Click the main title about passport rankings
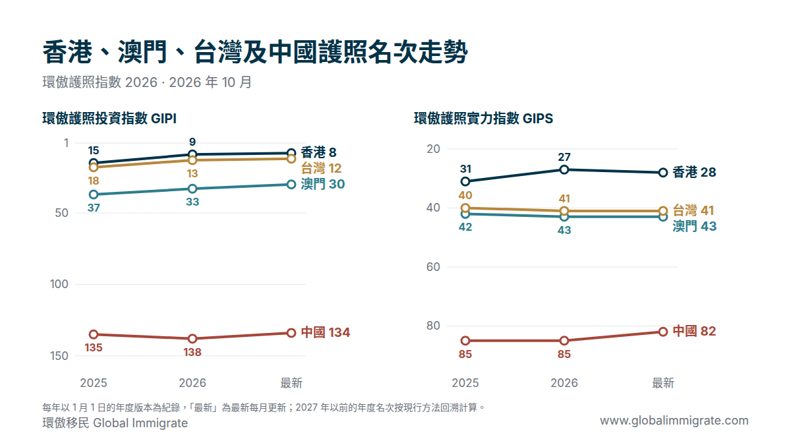255,52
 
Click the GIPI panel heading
109,118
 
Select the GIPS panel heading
483,118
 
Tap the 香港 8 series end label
318,152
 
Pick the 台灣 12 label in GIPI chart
322,169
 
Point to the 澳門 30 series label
323,184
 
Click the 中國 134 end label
325,332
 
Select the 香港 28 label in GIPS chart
694,172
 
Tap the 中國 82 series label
694,331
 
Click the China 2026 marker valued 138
192,339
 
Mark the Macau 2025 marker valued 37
94,194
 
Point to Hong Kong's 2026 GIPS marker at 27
564,169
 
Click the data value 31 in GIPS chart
465,169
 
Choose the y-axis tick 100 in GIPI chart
59,284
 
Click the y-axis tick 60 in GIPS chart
433,267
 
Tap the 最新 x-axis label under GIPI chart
291,383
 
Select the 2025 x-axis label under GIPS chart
465,383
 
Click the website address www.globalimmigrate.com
674,421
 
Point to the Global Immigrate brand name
140,423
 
